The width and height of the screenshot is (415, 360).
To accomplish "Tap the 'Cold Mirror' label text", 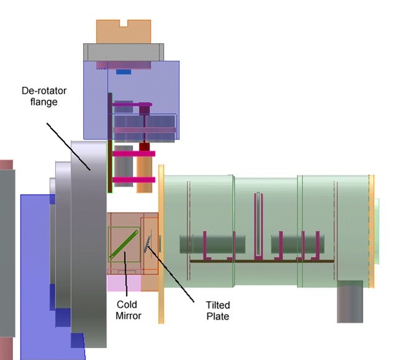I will point(127,309).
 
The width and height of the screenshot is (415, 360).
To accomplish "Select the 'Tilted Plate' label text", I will point(217,310).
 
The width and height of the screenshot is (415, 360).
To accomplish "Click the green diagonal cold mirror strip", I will point(123,244).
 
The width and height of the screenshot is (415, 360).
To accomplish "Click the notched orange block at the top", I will point(123,32).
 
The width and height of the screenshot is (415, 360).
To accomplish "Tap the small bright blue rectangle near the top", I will point(123,71).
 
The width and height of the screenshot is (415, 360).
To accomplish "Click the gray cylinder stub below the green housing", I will point(349,302).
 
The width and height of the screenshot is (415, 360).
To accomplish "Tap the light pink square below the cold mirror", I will point(124,283).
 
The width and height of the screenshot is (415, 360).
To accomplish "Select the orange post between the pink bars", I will point(145,167).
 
